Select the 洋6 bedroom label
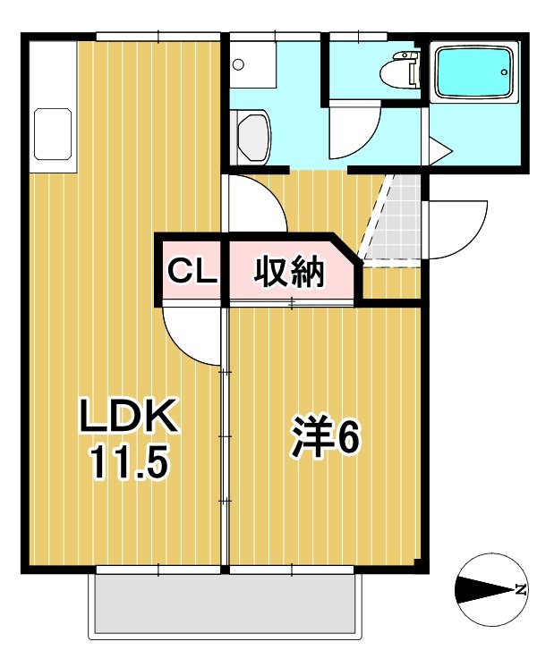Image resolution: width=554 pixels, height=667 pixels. click(324, 438)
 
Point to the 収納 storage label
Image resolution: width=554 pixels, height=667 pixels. click(290, 272)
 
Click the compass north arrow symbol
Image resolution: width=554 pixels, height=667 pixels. click(490, 589)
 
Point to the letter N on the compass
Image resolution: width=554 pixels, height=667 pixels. click(519, 589)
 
